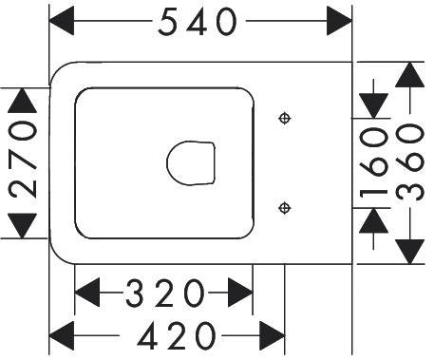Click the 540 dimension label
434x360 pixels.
coord(198,21)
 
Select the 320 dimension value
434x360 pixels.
coord(165,293)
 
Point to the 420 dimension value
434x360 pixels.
coord(177,335)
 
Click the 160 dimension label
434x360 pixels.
coord(374,162)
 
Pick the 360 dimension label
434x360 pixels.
coord(410,162)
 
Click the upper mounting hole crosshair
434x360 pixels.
coord(285,119)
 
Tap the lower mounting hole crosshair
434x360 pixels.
coord(285,208)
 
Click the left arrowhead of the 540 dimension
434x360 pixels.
coord(62,21)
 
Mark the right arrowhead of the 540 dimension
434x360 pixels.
coord(339,21)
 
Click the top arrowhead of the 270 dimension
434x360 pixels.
coord(22,101)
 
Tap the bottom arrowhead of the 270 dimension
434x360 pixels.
coord(22,226)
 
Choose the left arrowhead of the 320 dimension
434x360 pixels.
coord(87,293)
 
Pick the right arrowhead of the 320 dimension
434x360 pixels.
coord(240,293)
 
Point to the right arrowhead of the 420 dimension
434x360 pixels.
coord(272,335)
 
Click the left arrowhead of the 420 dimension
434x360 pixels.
coord(62,335)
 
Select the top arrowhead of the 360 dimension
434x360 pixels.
coord(410,74)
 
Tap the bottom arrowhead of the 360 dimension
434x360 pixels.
coord(410,252)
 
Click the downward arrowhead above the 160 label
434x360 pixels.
coord(374,106)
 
